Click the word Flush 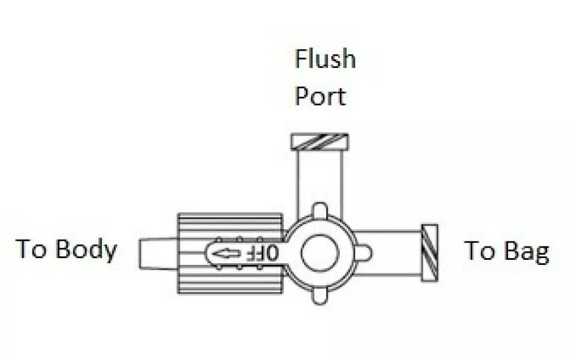(x=325, y=59)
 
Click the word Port (x=320, y=96)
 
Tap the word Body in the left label (x=86, y=250)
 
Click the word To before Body (x=31, y=249)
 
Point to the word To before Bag (x=479, y=251)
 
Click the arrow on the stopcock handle (x=226, y=253)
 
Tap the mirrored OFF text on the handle (x=262, y=253)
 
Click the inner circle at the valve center (x=320, y=253)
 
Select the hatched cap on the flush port (x=320, y=142)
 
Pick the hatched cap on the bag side (x=430, y=253)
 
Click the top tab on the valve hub (x=320, y=210)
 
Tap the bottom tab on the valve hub (x=320, y=297)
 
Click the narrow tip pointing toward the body (x=158, y=253)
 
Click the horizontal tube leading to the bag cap (x=388, y=253)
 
